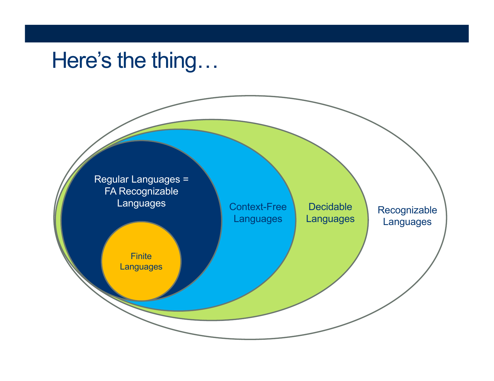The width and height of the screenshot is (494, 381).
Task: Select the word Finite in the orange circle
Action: click(141, 256)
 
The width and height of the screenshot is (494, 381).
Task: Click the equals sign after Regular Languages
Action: click(186, 180)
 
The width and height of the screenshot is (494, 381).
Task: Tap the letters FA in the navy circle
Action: click(110, 191)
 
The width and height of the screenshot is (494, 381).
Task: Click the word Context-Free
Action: click(258, 207)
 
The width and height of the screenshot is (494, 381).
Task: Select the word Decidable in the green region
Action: click(330, 207)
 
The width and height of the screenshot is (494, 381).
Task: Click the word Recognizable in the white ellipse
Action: click(407, 210)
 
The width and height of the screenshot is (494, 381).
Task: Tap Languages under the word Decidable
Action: click(330, 219)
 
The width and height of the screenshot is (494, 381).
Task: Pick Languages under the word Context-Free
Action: click(258, 219)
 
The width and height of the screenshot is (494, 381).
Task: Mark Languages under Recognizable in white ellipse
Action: click(407, 222)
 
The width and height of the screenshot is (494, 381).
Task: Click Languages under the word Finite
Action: click(141, 267)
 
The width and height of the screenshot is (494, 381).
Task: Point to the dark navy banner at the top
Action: click(247, 33)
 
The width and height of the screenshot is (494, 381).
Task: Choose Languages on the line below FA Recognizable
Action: click(141, 203)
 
